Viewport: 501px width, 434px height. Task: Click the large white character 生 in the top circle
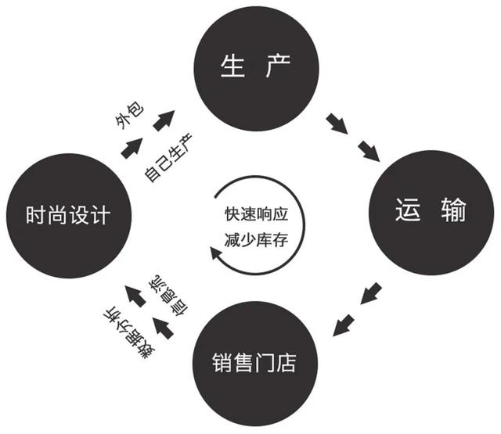[x=232, y=66]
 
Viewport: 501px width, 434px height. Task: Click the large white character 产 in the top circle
[x=277, y=66]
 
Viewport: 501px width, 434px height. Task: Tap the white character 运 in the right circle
[x=407, y=210]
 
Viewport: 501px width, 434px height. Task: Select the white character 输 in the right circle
[x=453, y=210]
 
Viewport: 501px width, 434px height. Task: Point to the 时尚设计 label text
[x=68, y=215]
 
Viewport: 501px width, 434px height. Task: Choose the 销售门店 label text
[x=254, y=363]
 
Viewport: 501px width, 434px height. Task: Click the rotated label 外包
[x=129, y=116]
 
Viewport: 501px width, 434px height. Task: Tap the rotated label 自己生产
[x=168, y=158]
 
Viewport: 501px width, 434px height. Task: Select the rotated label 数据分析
[x=128, y=333]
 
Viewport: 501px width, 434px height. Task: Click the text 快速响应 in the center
[x=256, y=214]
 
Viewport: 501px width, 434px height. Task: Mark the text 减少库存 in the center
[x=256, y=240]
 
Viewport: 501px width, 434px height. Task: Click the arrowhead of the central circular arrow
[x=215, y=252]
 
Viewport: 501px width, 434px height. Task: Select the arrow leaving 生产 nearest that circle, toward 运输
[x=337, y=124]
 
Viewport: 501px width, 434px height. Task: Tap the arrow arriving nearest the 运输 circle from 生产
[x=369, y=151]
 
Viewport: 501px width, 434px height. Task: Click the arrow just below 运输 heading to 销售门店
[x=371, y=293]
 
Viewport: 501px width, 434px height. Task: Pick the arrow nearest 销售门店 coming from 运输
[x=344, y=325]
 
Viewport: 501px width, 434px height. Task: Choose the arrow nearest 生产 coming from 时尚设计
[x=164, y=120]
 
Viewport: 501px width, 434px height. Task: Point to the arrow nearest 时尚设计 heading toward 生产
[x=132, y=148]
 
